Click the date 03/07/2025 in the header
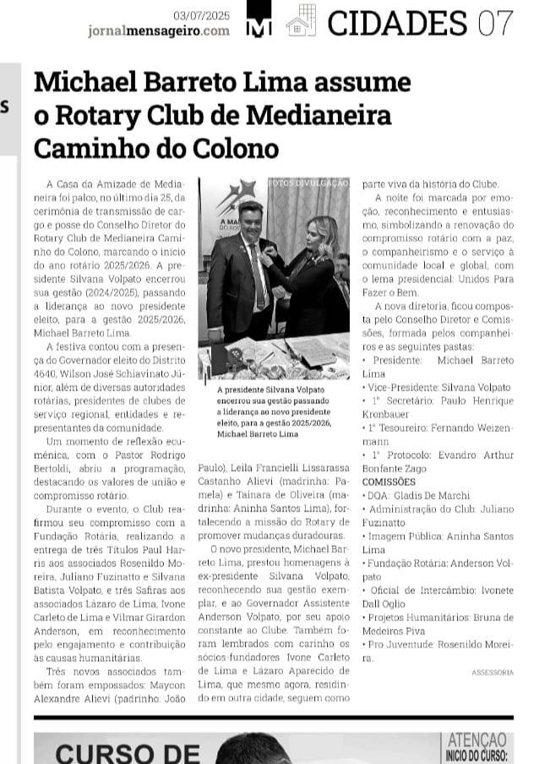click(201, 14)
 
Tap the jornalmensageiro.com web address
click(159, 30)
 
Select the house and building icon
click(301, 20)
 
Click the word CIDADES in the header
click(397, 23)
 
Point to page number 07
click(495, 23)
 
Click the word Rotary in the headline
click(101, 115)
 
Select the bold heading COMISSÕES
click(388, 482)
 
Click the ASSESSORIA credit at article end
click(493, 672)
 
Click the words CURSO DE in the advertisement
click(128, 751)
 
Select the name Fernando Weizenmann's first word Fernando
click(447, 428)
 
